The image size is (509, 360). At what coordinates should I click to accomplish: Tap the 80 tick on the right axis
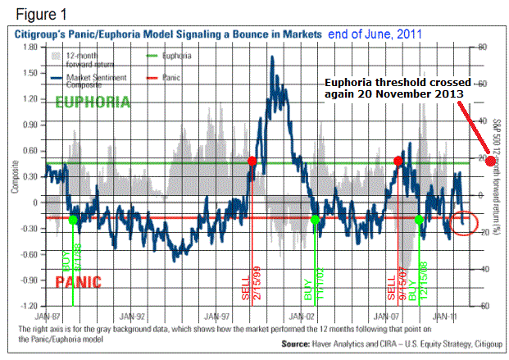click(x=483, y=47)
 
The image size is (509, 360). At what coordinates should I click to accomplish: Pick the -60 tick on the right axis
click(x=483, y=305)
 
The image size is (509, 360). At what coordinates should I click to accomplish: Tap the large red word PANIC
click(x=80, y=281)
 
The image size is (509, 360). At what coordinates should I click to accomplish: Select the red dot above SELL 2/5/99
click(x=252, y=162)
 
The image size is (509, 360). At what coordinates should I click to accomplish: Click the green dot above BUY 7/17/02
click(x=316, y=219)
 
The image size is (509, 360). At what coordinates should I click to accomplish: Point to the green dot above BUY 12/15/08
click(x=420, y=219)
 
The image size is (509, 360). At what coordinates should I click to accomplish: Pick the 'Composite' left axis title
click(x=14, y=177)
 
